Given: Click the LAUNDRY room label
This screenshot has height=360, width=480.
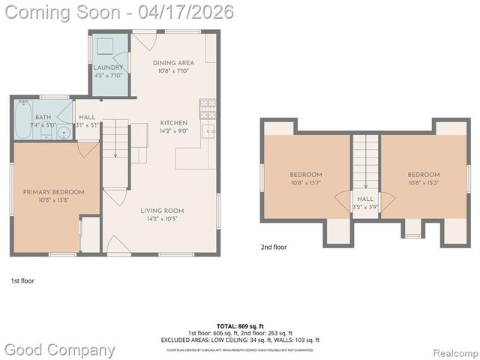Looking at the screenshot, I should [108, 67].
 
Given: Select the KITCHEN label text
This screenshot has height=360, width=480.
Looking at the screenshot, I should [174, 124].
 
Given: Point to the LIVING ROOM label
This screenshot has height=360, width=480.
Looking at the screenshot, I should [163, 211].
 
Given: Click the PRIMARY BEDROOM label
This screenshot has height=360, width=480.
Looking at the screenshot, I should [53, 192].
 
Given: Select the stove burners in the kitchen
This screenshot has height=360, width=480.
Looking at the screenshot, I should [208, 109].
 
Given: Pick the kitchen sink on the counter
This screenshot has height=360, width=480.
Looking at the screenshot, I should [211, 133].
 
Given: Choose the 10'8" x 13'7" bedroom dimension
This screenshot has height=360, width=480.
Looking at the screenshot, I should [306, 183].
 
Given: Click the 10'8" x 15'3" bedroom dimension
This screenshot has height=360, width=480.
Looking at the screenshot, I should [424, 183].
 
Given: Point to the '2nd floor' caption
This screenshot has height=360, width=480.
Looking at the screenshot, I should [274, 247].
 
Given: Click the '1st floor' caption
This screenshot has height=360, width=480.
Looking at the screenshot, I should [22, 280].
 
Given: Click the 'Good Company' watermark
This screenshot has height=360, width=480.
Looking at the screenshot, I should [60, 349].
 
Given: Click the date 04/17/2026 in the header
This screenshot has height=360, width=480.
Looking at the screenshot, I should [190, 12].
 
